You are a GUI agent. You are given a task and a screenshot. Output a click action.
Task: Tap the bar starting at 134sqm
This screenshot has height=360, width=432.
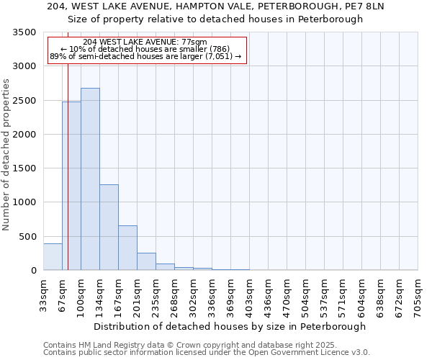[109, 227]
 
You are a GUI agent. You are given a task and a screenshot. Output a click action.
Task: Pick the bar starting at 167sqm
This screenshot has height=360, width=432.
[127, 248]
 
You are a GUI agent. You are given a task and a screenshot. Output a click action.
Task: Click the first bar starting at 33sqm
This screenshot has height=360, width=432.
[53, 257]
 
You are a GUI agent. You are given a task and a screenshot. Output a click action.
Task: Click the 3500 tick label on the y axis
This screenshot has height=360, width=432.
[24, 32]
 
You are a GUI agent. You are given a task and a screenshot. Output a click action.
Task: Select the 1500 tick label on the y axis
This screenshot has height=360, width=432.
[24, 168]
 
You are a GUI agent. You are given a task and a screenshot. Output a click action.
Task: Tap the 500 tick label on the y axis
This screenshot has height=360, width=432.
[27, 236]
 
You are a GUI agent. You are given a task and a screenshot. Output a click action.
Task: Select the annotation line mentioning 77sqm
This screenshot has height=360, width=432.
[145, 42]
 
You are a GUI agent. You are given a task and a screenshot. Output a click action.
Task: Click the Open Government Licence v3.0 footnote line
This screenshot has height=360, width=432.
[207, 353]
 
